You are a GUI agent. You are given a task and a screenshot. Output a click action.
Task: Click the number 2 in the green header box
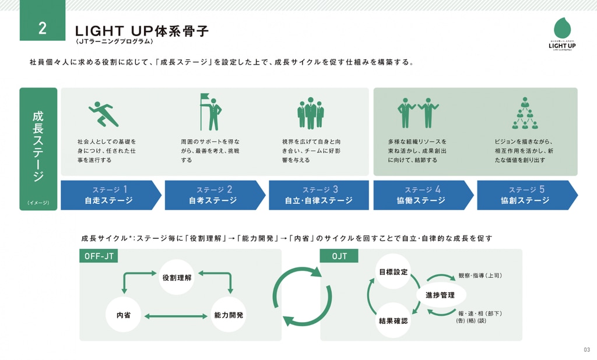[42, 29]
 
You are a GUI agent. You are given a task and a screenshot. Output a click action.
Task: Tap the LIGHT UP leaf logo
[562, 30]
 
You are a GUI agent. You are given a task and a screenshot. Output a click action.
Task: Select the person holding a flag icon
[211, 112]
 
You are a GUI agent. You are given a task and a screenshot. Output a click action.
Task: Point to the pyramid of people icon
[524, 113]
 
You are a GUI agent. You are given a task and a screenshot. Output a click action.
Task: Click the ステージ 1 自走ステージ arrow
[109, 195]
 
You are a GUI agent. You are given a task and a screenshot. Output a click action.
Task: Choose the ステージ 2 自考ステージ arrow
[213, 195]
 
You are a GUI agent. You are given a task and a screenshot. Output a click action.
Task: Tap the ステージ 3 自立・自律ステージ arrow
[318, 195]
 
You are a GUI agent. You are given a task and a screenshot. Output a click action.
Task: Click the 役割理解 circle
[177, 277]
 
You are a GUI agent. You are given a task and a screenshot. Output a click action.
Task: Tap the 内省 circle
[124, 315]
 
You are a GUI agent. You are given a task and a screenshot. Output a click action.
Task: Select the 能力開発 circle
[229, 315]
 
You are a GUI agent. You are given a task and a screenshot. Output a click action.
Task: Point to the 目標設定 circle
[394, 272]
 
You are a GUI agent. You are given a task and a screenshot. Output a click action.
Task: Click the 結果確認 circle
[394, 320]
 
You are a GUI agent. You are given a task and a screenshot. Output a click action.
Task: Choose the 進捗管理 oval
[440, 295]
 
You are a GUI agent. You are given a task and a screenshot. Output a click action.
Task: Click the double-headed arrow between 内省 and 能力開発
[176, 316]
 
